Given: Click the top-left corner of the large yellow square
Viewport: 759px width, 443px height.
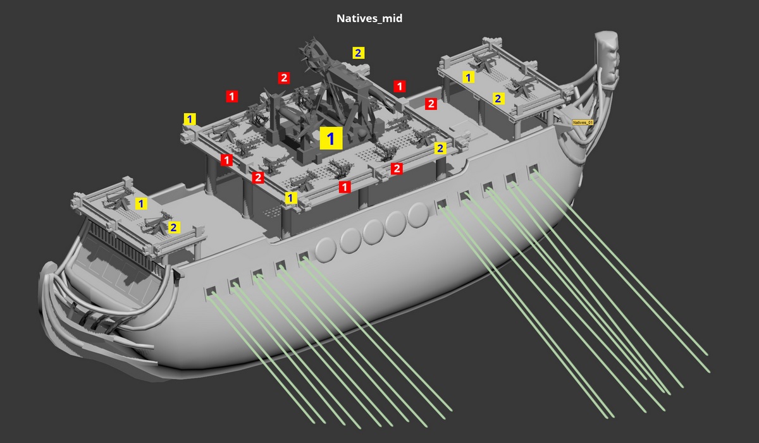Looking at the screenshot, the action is pos(320,127).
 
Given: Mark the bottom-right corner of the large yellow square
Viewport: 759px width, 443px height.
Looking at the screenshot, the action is pos(343,150).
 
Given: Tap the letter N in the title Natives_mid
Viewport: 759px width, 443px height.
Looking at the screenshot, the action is pos(340,18).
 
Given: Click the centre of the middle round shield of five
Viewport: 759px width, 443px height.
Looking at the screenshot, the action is pos(373,232).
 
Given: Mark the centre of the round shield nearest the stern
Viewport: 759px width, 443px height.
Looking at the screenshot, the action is pos(326,250).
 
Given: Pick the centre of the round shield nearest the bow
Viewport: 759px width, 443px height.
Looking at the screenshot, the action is pos(419,215).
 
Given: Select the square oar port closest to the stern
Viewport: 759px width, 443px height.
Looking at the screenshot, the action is pos(211,292).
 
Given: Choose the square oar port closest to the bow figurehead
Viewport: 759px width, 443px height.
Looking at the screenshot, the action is pos(533,169).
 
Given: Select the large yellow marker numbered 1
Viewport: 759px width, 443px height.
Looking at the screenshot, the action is pos(331,138).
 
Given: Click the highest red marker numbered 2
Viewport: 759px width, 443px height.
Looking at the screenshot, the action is pos(284,78).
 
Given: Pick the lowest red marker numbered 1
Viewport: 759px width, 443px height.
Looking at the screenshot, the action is pos(345,187).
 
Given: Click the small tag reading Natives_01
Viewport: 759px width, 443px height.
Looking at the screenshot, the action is pos(583,123).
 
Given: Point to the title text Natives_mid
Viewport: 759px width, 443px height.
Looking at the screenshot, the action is pos(369,18).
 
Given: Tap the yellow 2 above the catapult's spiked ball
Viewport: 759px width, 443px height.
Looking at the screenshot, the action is pos(358,53).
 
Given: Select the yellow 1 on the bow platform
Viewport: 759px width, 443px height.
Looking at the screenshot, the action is pos(468,78).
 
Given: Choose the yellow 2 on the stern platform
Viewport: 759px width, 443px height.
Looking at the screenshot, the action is pos(173,228).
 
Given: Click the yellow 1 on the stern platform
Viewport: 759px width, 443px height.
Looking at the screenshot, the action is pos(141,203).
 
